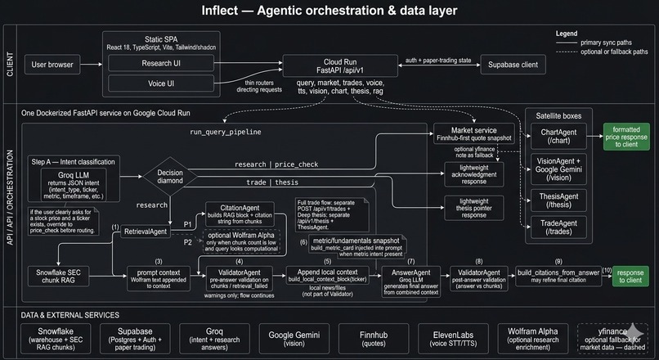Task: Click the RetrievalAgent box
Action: [145, 232]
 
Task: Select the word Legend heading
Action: [566, 34]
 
